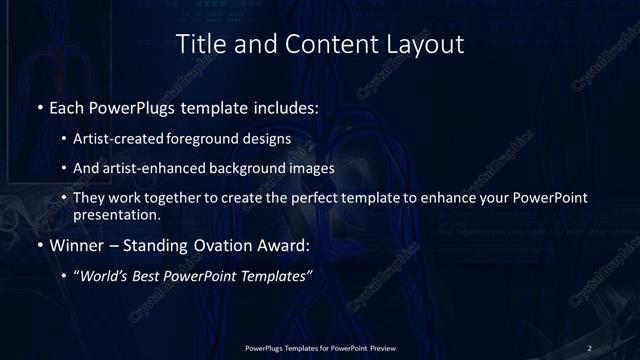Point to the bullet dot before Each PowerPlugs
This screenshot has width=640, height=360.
[x=39, y=106]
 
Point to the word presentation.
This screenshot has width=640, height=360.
[x=117, y=214]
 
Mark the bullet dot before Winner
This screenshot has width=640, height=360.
[x=39, y=244]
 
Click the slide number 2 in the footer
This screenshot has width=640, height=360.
[x=590, y=347]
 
